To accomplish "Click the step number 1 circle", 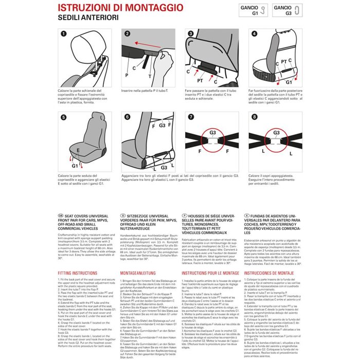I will pos(63,33).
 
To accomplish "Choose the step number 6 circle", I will pos(127,117).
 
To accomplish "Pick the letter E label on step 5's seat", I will pos(78,149).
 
